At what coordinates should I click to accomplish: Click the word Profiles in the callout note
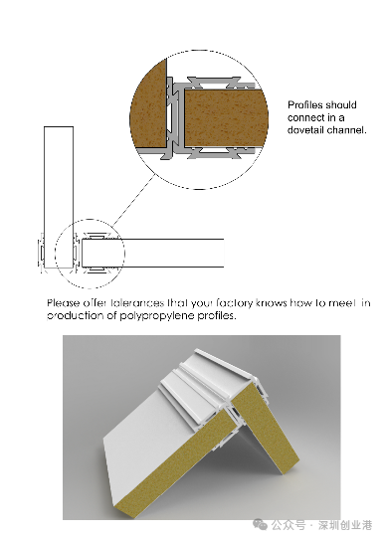click(305, 105)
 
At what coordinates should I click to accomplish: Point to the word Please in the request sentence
click(63, 303)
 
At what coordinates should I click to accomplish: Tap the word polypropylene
click(157, 316)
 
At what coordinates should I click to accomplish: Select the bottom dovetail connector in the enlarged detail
click(214, 153)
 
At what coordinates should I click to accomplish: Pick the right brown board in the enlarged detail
click(226, 118)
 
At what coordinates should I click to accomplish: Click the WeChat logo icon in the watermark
click(260, 524)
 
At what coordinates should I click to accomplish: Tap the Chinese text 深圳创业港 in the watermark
click(345, 525)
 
